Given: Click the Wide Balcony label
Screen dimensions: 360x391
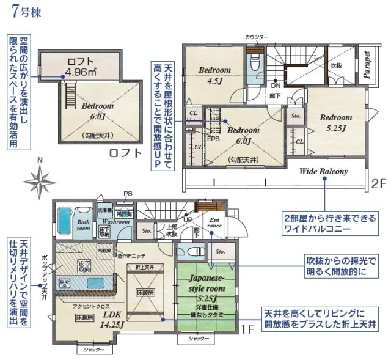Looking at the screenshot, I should tap(323, 171).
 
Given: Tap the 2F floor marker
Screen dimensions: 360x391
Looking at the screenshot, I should tap(378, 183).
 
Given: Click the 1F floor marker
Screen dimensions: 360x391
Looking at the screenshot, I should tap(246, 330).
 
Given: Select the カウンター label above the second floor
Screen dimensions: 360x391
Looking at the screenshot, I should tap(257, 37).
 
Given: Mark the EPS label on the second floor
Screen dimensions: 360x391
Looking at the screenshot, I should tap(213, 139).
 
